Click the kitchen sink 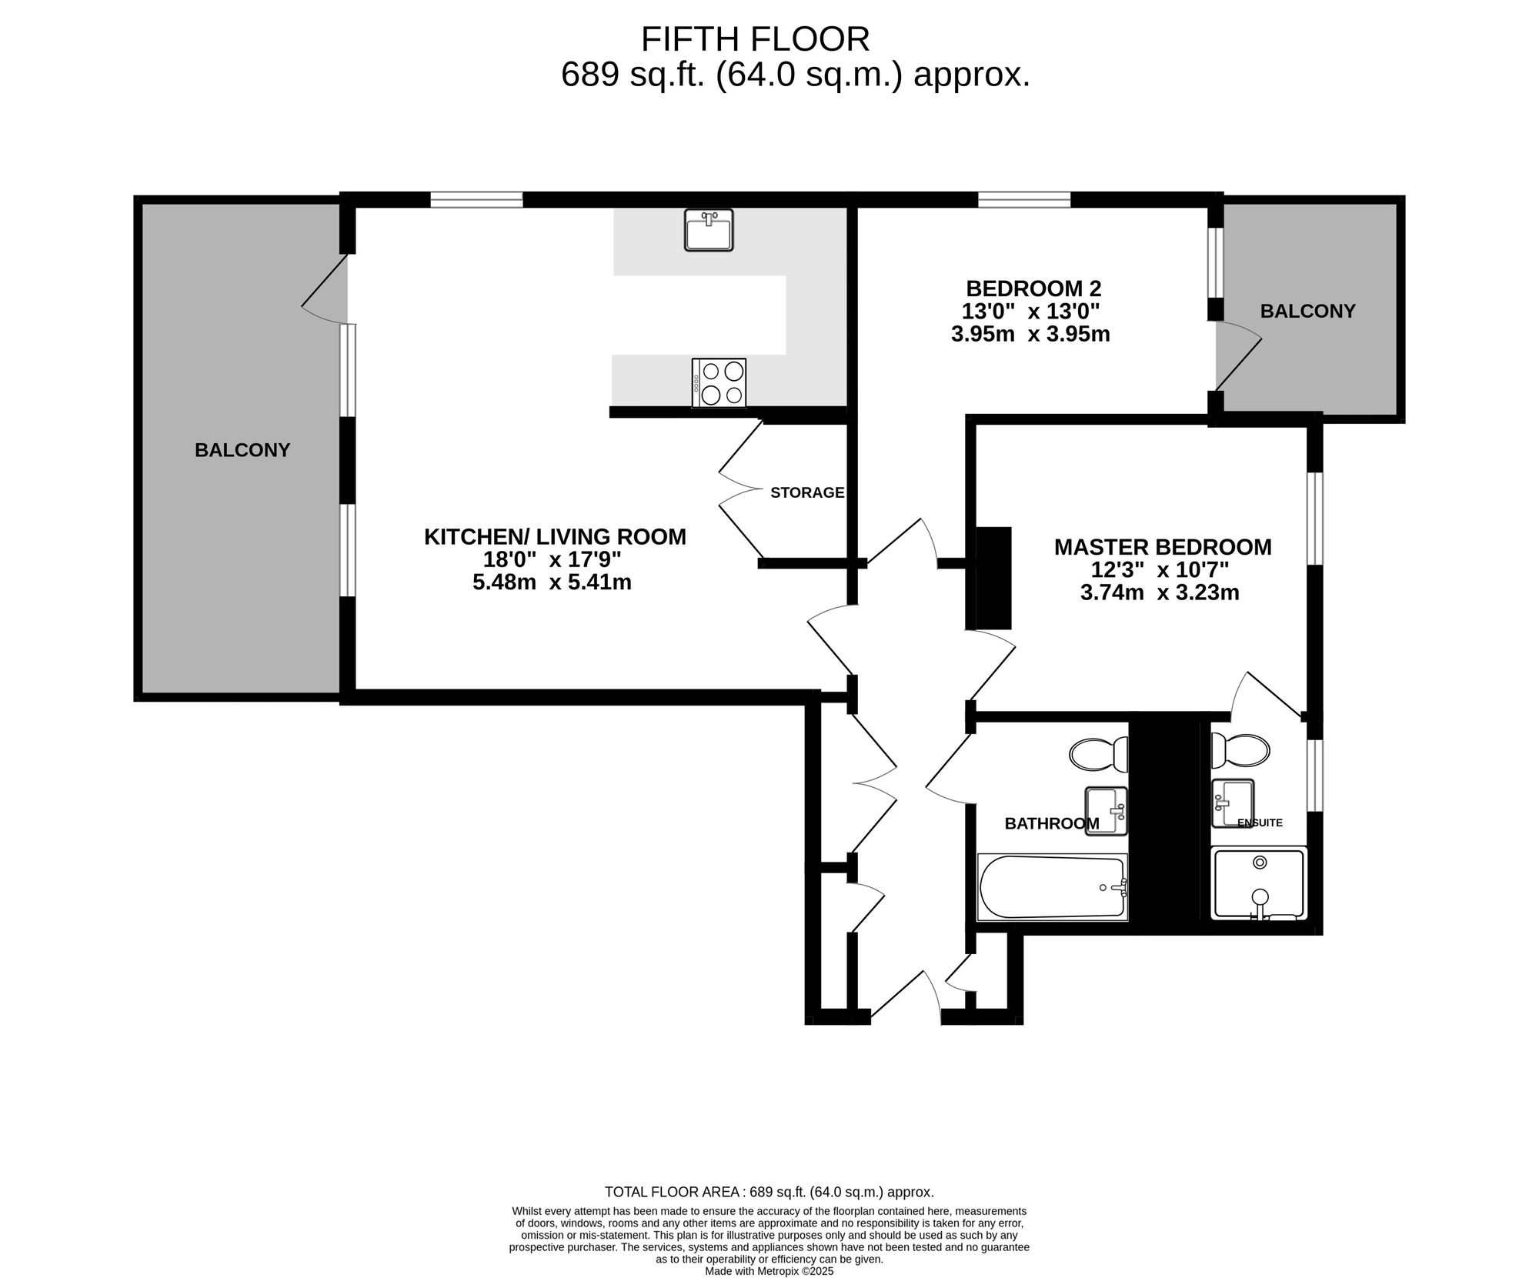709,230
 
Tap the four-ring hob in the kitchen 719,383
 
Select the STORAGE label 807,492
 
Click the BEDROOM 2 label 1033,289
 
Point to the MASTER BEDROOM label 1163,547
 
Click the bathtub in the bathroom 1053,887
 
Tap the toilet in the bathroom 1099,754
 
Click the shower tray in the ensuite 1259,883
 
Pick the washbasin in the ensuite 1233,803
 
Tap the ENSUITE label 1260,823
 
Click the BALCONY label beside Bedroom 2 1307,312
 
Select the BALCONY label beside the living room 242,450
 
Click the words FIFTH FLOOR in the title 755,39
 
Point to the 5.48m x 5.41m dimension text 552,582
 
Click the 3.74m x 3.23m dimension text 1160,592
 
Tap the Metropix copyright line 769,1272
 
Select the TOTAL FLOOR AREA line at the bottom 769,1193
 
